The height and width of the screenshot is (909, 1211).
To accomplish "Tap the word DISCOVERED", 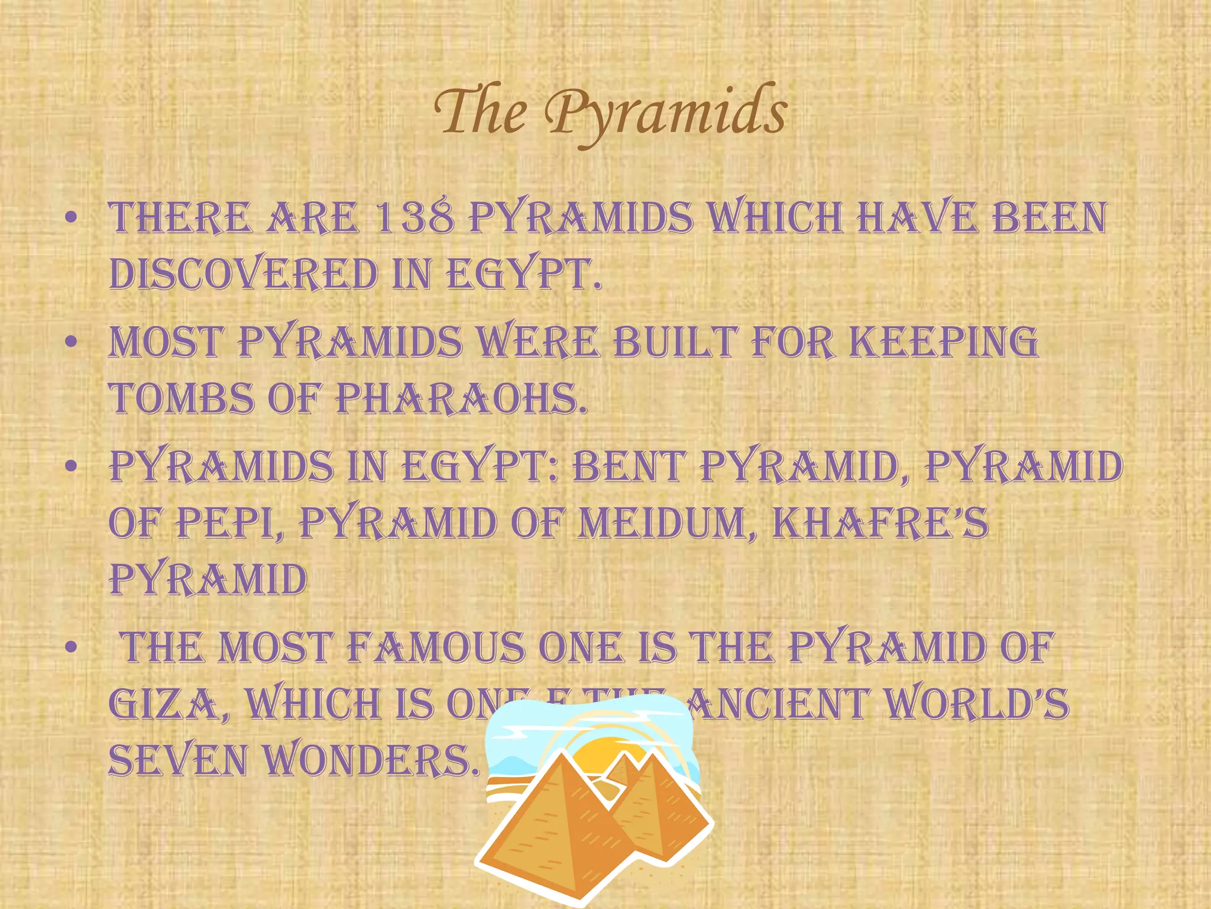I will click(244, 275).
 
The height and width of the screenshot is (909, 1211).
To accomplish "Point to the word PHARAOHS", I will click(462, 398).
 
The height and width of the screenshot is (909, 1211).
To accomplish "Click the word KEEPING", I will click(944, 342).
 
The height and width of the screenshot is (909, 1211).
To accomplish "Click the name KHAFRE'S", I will click(880, 523).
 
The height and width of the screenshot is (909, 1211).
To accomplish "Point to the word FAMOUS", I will click(435, 647).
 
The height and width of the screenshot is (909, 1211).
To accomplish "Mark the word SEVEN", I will click(178, 760).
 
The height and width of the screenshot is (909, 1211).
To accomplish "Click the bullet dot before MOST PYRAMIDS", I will click(72, 342).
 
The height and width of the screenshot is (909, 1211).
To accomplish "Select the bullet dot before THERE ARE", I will click(72, 218).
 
